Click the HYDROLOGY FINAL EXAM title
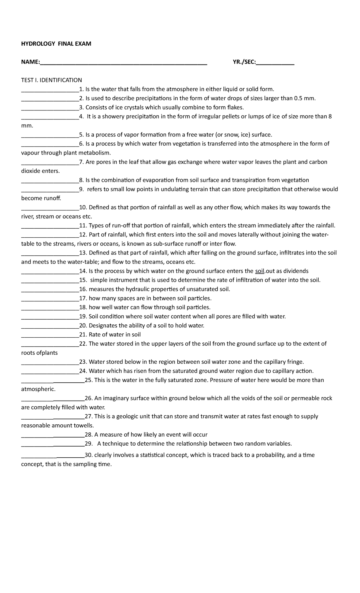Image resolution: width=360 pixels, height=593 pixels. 56,44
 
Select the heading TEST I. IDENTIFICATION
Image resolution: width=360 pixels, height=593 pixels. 51,80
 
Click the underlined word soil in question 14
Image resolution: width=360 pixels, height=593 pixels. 259,271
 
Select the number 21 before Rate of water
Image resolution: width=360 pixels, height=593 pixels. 82,335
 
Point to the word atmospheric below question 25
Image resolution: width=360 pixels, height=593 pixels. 38,389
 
